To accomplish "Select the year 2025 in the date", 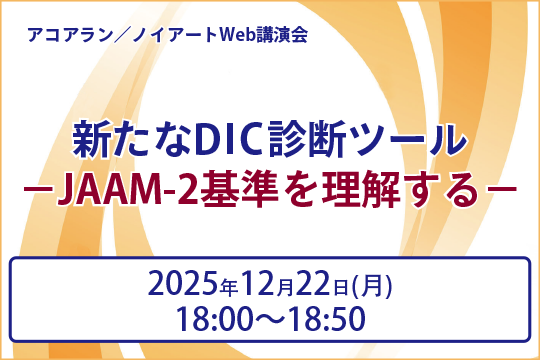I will [185, 285].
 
